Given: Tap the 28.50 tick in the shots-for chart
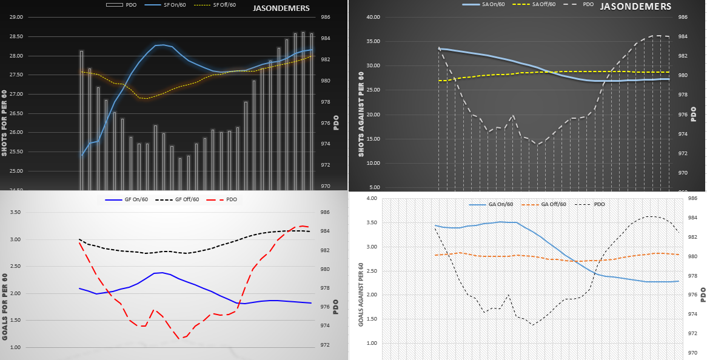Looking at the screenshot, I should coord(14,37).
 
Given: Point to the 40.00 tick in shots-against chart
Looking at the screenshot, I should coord(370,17).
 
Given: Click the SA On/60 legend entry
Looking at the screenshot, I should coord(489,5).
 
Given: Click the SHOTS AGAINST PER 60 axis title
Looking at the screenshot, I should coord(361,115).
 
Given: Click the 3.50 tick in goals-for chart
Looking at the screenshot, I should coord(14,213).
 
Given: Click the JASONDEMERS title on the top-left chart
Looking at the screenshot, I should coord(281,8).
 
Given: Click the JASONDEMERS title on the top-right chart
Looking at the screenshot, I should coord(635,7).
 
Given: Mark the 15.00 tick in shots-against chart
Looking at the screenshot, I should coord(370,139).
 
